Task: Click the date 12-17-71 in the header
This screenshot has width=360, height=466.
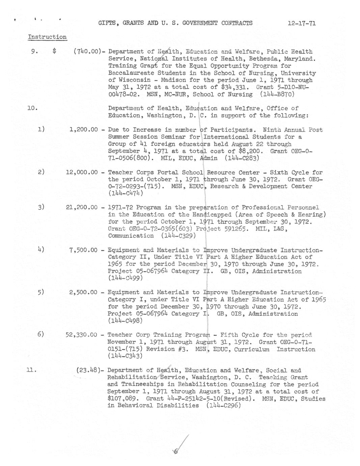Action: [x=302, y=23]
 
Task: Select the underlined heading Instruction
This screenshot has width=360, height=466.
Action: [x=47, y=37]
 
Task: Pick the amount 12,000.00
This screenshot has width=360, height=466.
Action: [x=82, y=172]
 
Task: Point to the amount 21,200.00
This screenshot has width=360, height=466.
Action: [x=82, y=207]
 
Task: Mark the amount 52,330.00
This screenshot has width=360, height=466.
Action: [x=82, y=335]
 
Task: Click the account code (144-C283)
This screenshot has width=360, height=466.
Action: [x=242, y=158]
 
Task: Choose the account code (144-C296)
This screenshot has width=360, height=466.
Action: [x=223, y=406]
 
